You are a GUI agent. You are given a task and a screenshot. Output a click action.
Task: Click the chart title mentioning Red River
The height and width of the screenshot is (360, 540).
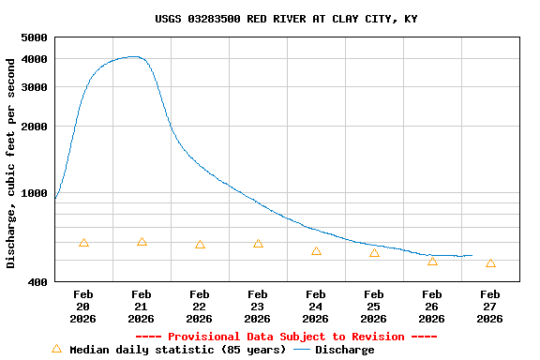(x=286, y=19)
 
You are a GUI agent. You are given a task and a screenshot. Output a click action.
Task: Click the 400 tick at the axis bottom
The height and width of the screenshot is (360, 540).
(x=37, y=282)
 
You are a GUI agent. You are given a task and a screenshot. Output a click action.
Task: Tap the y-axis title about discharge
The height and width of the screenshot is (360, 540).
(x=11, y=163)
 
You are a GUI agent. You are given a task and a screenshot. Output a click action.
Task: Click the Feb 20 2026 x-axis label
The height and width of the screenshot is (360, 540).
(x=83, y=307)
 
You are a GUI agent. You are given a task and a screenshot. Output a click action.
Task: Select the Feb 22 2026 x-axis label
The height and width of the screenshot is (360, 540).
(x=200, y=307)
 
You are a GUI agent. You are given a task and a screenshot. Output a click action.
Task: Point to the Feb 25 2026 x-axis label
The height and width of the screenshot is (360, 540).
(x=374, y=307)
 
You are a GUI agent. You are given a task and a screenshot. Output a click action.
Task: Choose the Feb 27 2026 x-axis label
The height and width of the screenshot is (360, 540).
(x=490, y=307)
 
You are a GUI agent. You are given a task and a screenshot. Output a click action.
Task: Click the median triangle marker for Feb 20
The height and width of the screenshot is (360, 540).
(x=83, y=243)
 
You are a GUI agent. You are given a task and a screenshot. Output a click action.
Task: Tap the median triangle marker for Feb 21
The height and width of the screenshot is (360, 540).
(x=142, y=242)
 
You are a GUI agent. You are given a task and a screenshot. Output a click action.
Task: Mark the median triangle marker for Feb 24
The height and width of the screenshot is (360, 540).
(x=316, y=251)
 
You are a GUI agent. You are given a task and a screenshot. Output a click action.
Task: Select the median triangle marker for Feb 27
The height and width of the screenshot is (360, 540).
(x=490, y=263)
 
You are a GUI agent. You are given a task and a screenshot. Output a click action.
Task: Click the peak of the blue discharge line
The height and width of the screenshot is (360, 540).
(x=136, y=56)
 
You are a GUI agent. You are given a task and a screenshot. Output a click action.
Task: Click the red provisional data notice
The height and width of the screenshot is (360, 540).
(x=286, y=337)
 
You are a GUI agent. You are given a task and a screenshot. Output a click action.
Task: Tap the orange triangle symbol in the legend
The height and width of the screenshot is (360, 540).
(x=56, y=349)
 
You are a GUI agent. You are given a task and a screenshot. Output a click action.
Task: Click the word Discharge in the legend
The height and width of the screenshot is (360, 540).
(x=344, y=350)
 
